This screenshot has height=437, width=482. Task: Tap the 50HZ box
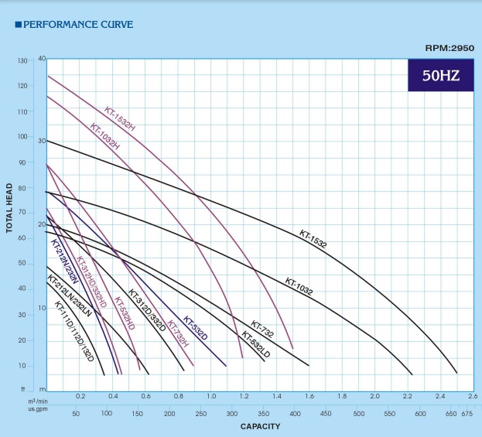pyautogui.click(x=440, y=76)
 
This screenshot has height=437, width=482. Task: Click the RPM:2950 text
pyautogui.click(x=450, y=48)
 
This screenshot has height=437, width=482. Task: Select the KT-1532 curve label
pyautogui.click(x=313, y=238)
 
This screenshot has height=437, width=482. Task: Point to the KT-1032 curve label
pyautogui.click(x=299, y=287)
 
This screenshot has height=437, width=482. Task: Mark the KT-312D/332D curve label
pyautogui.click(x=147, y=310)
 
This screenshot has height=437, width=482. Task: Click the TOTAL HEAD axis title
pyautogui.click(x=9, y=208)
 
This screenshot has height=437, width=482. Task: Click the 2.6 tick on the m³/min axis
pyautogui.click(x=473, y=396)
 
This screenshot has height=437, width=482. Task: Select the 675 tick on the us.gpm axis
pyautogui.click(x=467, y=414)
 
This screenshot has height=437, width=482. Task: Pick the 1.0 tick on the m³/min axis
pyautogui.click(x=211, y=396)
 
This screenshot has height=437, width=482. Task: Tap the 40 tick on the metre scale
pyautogui.click(x=42, y=59)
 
